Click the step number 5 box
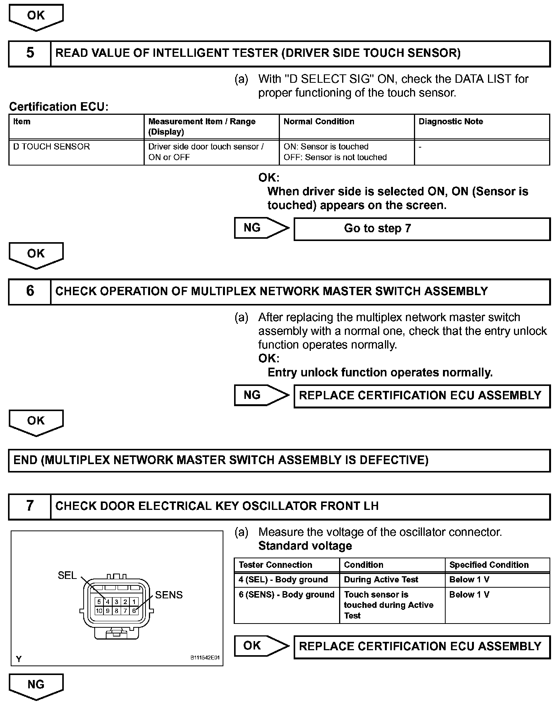click(30, 53)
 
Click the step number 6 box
click(30, 291)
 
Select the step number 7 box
click(30, 506)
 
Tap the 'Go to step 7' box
click(422, 228)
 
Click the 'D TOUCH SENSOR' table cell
click(76, 152)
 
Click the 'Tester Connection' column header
click(286, 565)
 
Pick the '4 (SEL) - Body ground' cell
click(286, 580)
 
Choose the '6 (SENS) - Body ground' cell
click(286, 605)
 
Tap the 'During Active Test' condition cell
click(392, 580)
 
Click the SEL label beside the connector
click(67, 575)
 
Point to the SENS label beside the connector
click(169, 595)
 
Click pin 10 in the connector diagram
click(99, 611)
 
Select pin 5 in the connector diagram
click(99, 602)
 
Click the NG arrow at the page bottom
click(36, 686)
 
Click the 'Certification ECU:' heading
click(59, 106)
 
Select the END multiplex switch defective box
click(279, 460)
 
